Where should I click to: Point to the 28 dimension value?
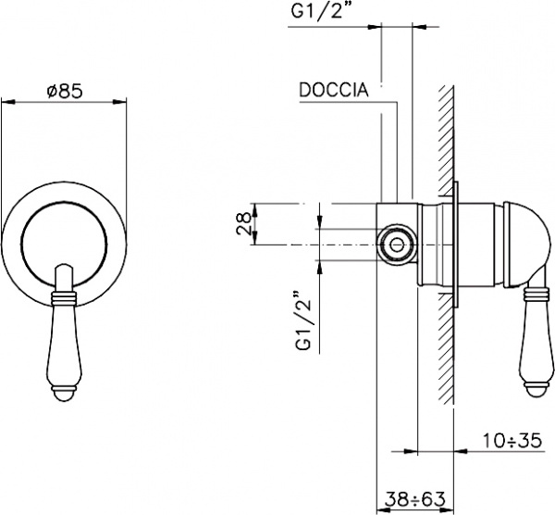(x=243, y=224)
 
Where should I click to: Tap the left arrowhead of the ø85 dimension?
(x=6, y=103)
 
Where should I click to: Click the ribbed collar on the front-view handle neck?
(x=64, y=298)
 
